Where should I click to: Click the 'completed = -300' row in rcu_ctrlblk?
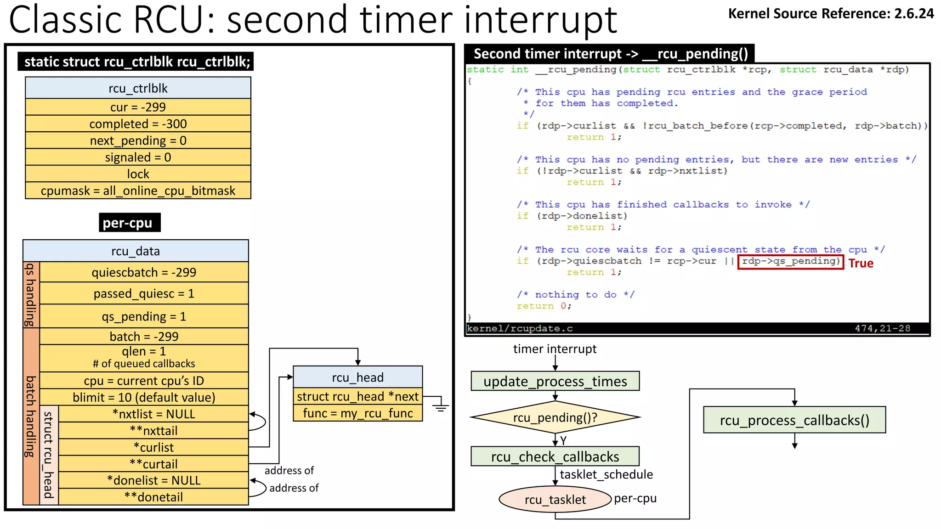138,124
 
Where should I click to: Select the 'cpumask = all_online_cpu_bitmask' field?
138,191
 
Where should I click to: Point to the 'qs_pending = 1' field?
144,316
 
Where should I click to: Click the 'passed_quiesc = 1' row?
144,293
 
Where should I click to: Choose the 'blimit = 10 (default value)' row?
144,397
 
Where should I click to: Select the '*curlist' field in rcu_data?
153,447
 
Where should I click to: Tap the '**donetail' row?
153,497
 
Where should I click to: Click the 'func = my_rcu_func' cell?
357,413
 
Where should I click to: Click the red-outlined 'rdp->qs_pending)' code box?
790,262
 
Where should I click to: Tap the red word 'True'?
861,263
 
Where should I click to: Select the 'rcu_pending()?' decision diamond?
555,417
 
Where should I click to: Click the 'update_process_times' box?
555,381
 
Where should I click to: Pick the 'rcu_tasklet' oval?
555,500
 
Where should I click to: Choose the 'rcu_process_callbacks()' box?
794,420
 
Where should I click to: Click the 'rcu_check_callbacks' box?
555,456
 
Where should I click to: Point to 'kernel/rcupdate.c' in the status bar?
520,329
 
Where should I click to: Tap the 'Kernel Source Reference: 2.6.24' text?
831,14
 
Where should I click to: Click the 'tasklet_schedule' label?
606,474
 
